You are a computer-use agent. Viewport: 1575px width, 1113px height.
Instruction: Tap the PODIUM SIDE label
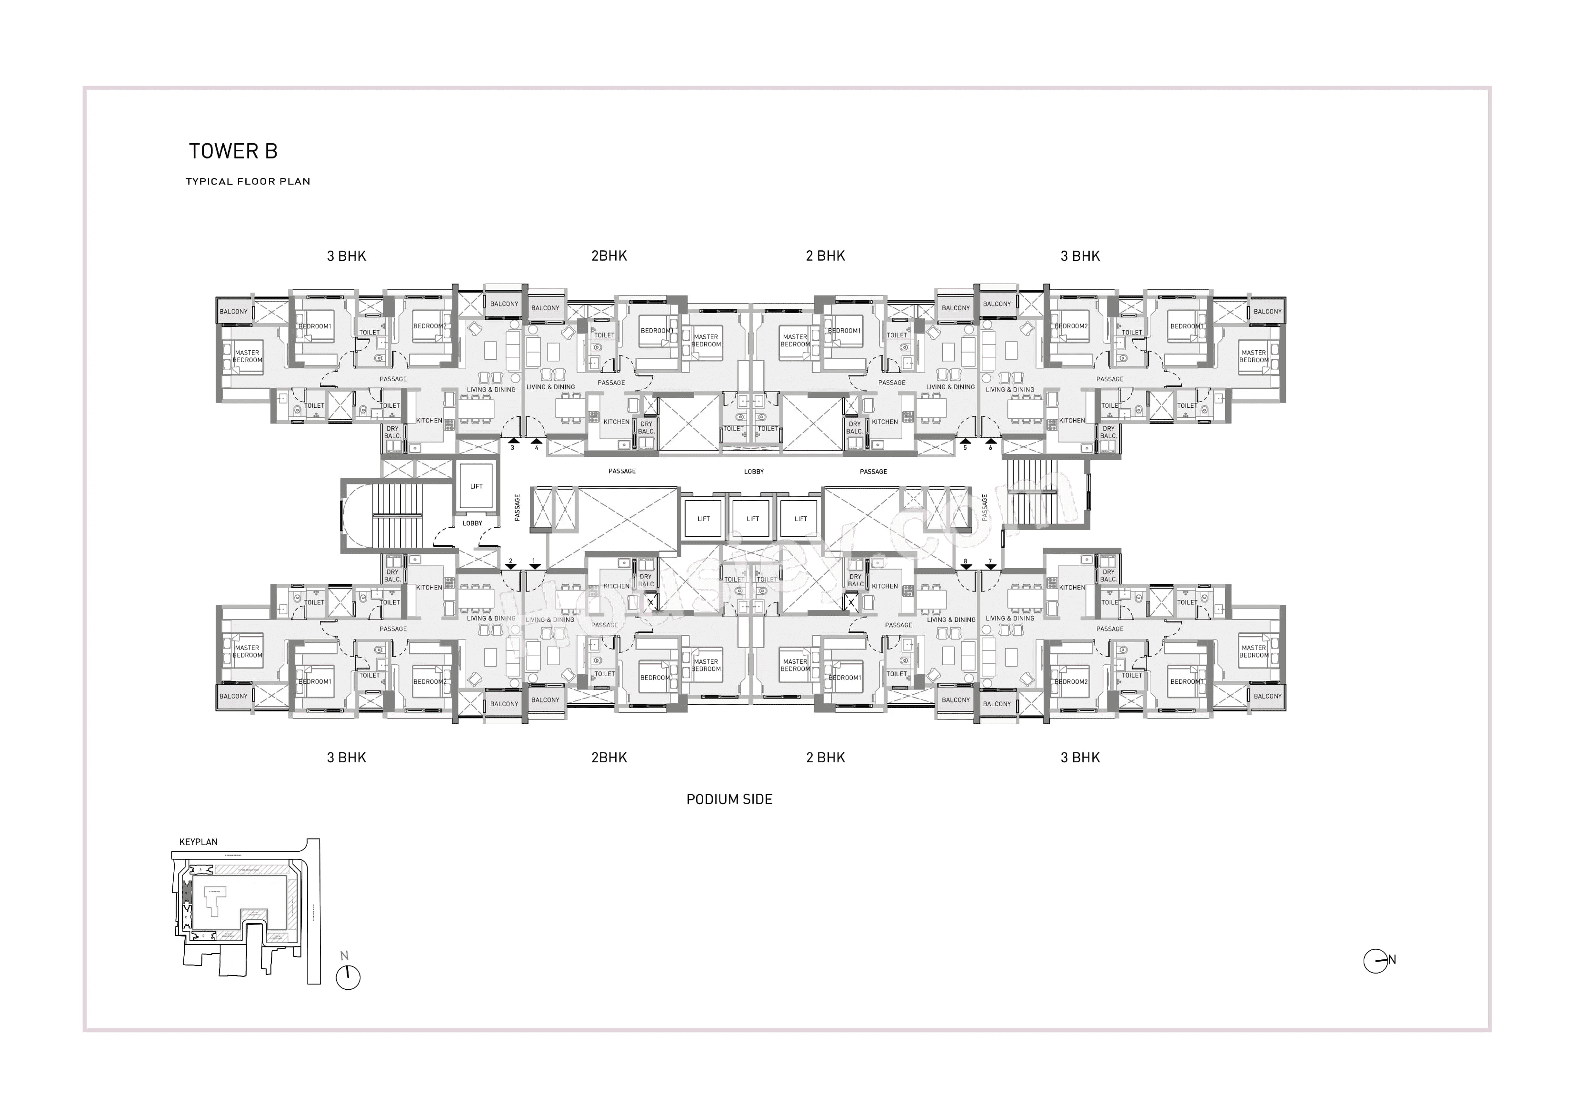coord(729,799)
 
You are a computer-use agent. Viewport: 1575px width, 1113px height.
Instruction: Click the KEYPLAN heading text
coord(198,842)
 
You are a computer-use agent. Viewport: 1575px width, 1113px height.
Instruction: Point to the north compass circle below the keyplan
coord(348,977)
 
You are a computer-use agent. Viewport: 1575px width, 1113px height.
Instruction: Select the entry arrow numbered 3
coord(512,442)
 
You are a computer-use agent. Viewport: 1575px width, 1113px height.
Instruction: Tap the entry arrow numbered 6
coord(990,442)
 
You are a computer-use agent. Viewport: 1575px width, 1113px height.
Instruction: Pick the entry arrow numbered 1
coord(534,566)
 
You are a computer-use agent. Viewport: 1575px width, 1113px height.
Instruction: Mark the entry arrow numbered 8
coord(965,566)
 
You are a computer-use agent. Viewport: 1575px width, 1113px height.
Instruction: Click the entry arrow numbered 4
coord(537,442)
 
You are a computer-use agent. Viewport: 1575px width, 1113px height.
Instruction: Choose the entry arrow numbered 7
coord(990,566)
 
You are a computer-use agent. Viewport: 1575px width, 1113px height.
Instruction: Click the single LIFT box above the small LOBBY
coord(476,486)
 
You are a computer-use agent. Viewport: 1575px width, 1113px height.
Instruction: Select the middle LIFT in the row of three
coord(753,519)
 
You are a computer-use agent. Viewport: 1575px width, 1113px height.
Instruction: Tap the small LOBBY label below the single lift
coord(472,523)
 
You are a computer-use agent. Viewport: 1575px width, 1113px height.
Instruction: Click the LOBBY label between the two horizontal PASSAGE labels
coord(753,472)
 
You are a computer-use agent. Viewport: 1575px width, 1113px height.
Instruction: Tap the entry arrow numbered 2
coord(510,566)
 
